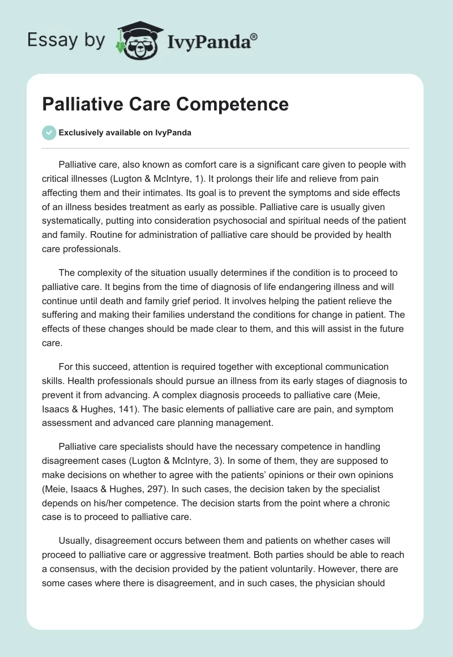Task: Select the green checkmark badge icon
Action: pyautogui.click(x=49, y=133)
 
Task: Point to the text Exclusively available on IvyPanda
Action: pyautogui.click(x=125, y=133)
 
